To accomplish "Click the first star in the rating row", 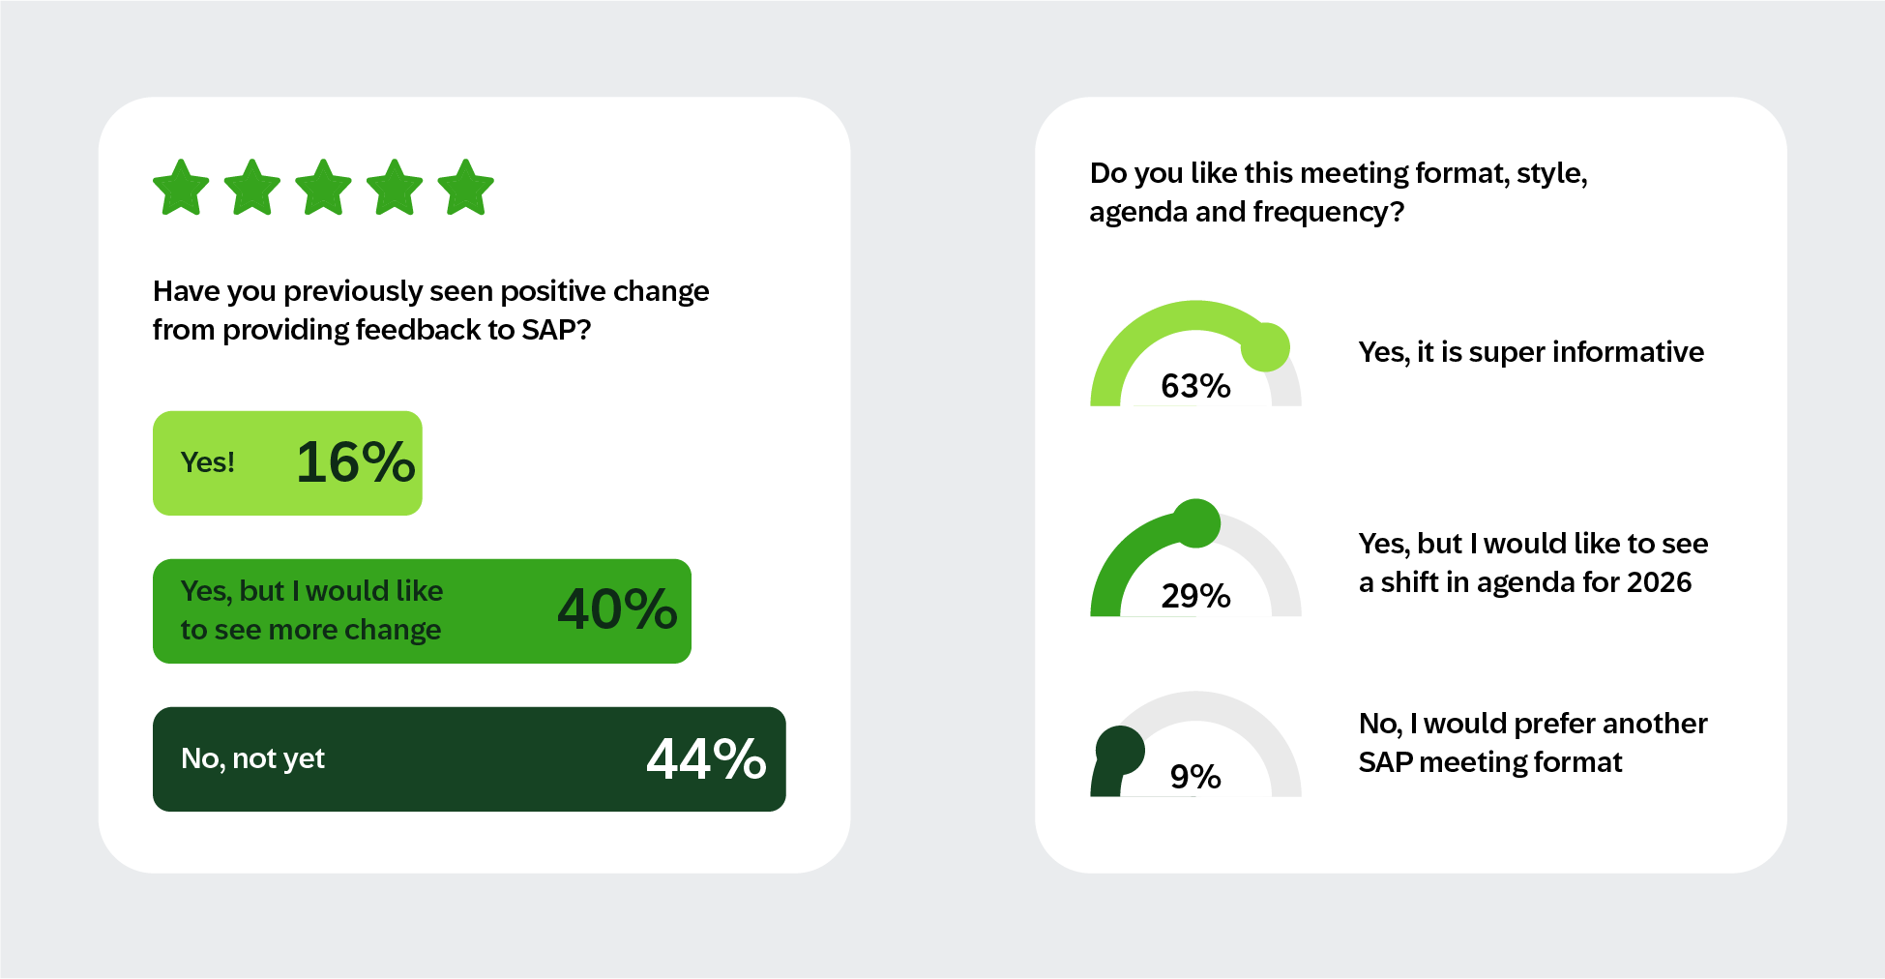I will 181,188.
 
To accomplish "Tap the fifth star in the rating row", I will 465,188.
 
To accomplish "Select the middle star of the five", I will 323,188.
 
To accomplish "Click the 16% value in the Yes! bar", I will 355,462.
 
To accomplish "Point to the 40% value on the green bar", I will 617,609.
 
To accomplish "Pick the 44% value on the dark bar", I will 706,758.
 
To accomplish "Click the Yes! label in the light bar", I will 208,462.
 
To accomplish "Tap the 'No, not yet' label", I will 252,758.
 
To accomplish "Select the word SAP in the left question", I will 548,330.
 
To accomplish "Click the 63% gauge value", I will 1195,386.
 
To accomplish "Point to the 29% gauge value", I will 1195,596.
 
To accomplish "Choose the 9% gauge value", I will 1195,777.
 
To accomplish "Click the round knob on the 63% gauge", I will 1265,347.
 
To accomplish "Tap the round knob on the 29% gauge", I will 1196,523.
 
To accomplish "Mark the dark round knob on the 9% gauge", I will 1120,751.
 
